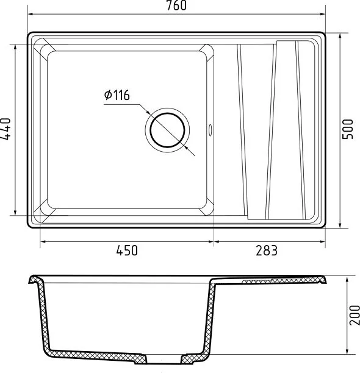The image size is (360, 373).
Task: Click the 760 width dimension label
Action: click(176, 5)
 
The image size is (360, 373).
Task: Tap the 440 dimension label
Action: click(5, 129)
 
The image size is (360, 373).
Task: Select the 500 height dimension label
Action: click(347, 129)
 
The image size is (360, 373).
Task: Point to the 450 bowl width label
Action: click(127, 250)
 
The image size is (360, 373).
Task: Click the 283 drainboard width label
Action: click(267, 250)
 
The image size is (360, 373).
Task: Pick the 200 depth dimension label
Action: click(355, 315)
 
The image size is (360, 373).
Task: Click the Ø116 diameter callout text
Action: click(117, 95)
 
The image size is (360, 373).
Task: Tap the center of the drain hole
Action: click(167, 130)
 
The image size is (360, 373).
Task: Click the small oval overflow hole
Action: click(211, 130)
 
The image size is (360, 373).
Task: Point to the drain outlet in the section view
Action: click(164, 359)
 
